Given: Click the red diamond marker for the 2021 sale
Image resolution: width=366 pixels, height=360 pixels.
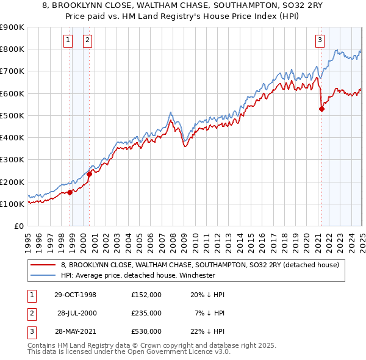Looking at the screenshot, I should click(x=321, y=109).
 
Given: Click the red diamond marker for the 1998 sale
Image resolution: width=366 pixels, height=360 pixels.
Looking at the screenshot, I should click(x=70, y=192).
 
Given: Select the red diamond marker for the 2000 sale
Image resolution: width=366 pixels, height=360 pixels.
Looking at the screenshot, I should click(x=89, y=174).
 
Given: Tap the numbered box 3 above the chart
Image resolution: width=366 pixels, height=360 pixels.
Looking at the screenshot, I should click(x=320, y=41).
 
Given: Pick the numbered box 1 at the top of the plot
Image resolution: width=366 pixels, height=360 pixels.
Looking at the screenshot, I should click(x=68, y=41).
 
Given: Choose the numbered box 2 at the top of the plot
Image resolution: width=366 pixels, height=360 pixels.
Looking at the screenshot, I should click(x=88, y=41).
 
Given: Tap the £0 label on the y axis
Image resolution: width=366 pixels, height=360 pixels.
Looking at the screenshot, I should click(x=19, y=226).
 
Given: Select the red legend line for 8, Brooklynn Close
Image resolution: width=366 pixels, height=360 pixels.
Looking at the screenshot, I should click(x=44, y=264).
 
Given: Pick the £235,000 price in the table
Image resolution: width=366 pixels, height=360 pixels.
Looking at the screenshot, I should click(x=146, y=313).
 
